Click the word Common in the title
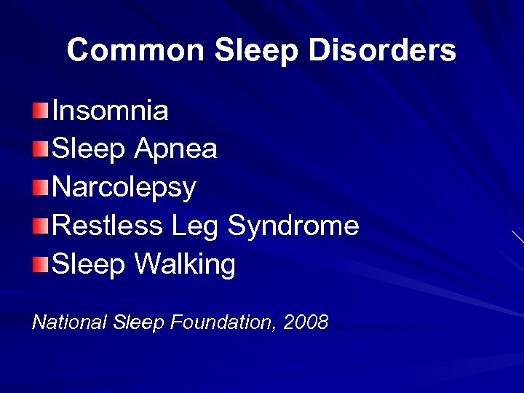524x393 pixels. click(x=136, y=50)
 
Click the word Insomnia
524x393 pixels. click(x=111, y=111)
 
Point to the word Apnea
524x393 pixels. click(x=175, y=149)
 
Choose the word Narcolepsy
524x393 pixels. click(x=124, y=188)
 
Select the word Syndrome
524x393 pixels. click(x=293, y=226)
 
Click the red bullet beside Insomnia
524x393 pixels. click(x=40, y=111)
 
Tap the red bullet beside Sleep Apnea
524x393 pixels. click(x=40, y=149)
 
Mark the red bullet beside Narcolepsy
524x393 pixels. click(x=40, y=187)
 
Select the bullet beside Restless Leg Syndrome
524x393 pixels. click(x=40, y=226)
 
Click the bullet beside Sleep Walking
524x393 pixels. click(x=40, y=263)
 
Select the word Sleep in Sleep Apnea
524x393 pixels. click(x=90, y=149)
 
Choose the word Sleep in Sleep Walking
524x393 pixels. click(x=90, y=265)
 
